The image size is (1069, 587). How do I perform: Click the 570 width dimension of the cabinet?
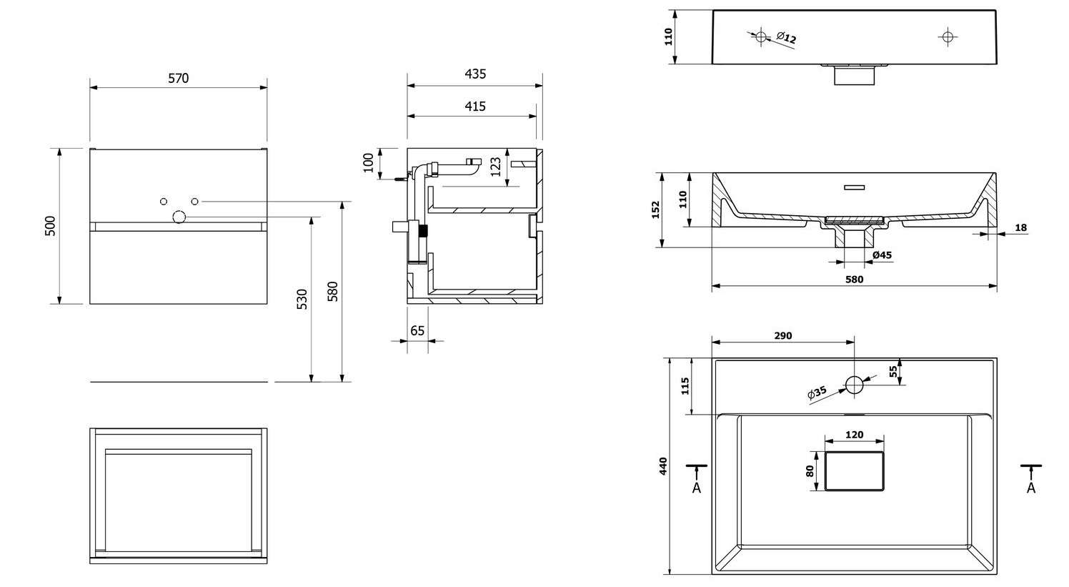178,79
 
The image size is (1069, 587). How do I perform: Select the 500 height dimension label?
51,226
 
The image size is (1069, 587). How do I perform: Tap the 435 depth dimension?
475,74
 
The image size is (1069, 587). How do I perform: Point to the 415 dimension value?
475,107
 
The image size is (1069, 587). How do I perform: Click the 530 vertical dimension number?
302,299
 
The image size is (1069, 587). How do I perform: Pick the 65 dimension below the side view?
417,331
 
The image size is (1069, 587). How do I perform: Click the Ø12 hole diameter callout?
786,37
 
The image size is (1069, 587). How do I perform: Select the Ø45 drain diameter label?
882,255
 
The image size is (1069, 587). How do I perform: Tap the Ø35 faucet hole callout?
817,393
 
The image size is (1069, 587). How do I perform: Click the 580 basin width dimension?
855,280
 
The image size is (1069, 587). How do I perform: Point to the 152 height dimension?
656,209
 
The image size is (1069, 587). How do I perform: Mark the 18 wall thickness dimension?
1020,228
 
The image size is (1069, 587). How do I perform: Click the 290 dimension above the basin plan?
783,336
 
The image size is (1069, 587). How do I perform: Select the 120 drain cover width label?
855,435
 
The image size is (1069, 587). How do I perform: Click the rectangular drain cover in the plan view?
855,471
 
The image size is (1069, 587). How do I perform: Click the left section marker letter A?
697,488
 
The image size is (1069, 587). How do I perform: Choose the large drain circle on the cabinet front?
179,217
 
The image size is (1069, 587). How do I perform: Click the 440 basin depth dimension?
664,466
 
